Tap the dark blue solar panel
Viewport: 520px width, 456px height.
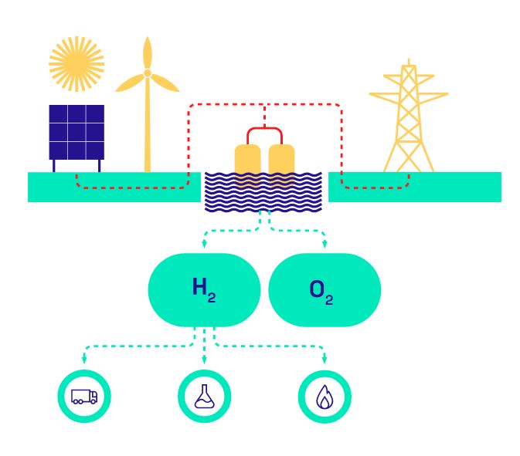[x=76, y=132]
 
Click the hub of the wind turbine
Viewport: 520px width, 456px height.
[x=147, y=74]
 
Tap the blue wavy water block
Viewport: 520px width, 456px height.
[x=263, y=193]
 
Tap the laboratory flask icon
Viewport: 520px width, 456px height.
[x=204, y=397]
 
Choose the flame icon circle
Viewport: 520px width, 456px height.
[x=324, y=397]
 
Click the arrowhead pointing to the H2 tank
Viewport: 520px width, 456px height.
[x=204, y=245]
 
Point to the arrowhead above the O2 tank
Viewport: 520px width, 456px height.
[x=324, y=245]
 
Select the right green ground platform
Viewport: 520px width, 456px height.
[x=456, y=187]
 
